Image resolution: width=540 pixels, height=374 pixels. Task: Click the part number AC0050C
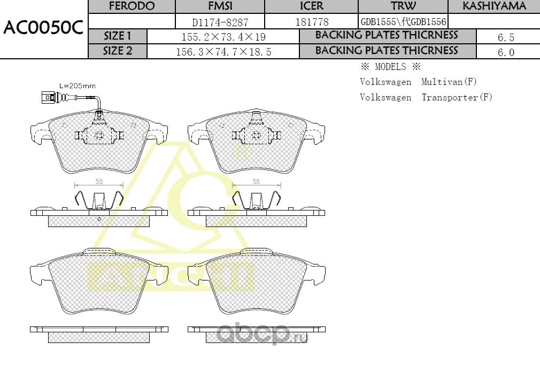43,28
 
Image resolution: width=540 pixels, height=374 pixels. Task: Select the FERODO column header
132,6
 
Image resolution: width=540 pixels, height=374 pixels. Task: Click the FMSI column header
220,6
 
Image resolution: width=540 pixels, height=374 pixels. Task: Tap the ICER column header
312,6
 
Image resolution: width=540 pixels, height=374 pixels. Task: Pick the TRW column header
403,6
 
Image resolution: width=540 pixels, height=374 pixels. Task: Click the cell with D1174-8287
220,22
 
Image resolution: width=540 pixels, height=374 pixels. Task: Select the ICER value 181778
312,22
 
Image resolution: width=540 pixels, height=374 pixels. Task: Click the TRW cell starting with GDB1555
403,22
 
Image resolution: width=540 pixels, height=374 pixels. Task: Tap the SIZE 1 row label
117,36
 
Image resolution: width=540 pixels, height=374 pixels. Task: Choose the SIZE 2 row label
117,51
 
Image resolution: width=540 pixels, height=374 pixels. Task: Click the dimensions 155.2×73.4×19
223,37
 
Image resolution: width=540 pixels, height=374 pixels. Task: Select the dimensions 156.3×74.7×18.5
223,52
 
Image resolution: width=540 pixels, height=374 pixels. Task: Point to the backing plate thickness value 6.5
506,37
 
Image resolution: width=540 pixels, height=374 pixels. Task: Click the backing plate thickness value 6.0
506,52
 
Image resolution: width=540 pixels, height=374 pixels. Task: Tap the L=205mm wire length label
77,85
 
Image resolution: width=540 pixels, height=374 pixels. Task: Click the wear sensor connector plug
47,97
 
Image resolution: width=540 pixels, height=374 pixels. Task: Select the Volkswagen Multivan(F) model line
418,82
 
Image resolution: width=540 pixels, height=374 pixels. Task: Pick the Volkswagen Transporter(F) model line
426,97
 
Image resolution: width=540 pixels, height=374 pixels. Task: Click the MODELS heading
390,67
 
